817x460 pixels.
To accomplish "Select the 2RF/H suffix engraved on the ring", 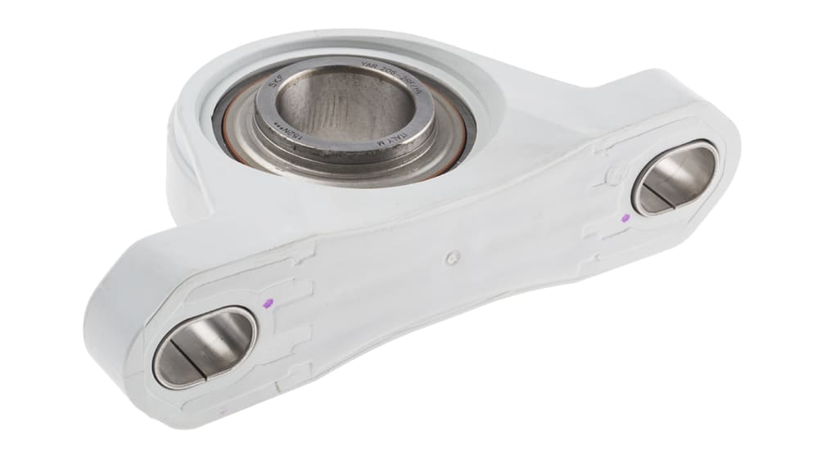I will (409, 80).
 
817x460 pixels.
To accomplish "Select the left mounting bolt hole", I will (205, 346).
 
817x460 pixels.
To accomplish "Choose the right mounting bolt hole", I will (675, 177).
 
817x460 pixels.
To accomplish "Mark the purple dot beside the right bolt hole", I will (627, 218).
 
